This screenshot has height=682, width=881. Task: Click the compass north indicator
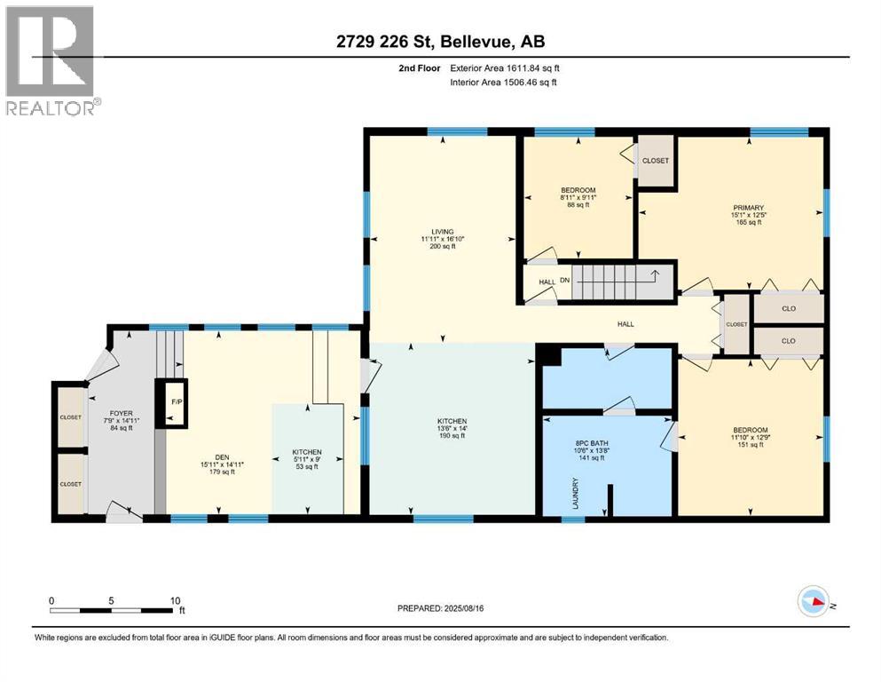(x=814, y=603)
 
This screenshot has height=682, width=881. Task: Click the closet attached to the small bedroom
(x=656, y=161)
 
